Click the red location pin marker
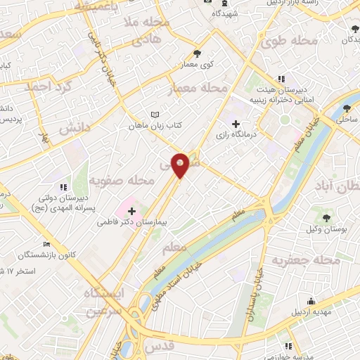point(181,164)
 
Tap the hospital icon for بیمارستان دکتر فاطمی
point(131,210)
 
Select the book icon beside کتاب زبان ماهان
point(155,115)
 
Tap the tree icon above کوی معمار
point(197,53)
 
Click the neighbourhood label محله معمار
point(200,89)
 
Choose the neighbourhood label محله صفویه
point(127,181)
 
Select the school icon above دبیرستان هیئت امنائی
point(281,78)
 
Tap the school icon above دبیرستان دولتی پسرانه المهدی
point(63,187)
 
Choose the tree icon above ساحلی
point(348,108)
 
